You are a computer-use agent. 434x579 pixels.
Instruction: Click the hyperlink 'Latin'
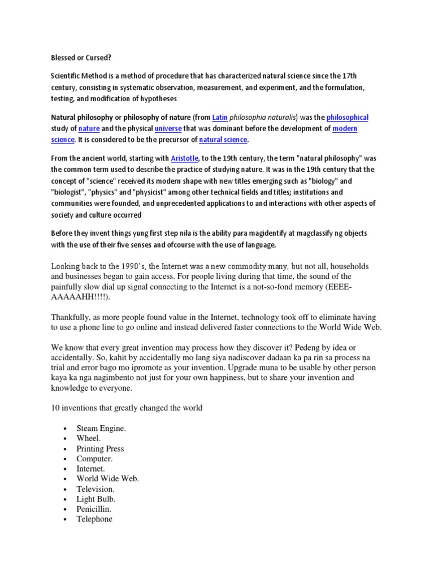tap(219, 118)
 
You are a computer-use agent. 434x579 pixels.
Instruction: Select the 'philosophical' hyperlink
tap(348, 118)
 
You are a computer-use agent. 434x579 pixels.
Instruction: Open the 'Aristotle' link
tap(180, 159)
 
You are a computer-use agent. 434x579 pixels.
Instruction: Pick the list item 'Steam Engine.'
tap(101, 429)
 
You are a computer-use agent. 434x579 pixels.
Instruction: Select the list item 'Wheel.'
tap(89, 438)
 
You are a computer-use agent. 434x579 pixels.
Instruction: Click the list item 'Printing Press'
tap(100, 448)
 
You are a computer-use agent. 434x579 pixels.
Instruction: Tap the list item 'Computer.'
tap(94, 459)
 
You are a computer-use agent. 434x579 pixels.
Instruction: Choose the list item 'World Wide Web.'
tap(107, 478)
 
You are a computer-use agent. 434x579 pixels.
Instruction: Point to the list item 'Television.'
tap(96, 489)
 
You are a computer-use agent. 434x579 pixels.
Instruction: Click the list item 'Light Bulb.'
tap(96, 499)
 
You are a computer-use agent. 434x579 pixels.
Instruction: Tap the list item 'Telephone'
tap(94, 519)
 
